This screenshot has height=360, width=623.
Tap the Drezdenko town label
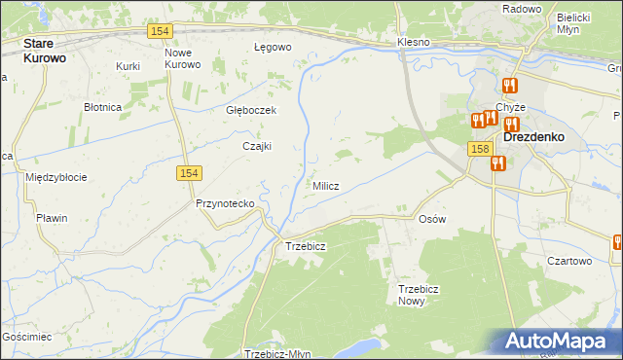tap(535, 137)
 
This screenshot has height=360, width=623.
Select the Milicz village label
tap(325, 186)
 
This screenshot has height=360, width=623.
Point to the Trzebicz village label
tap(305, 246)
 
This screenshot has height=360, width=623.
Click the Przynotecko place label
tap(225, 203)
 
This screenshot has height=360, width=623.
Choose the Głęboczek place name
tap(251, 110)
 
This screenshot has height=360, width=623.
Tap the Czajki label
tap(256, 146)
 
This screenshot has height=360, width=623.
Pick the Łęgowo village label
tap(273, 47)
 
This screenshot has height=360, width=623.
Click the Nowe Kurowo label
tap(182, 58)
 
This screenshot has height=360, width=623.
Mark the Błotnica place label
tap(102, 107)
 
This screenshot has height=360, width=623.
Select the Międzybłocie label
tap(56, 177)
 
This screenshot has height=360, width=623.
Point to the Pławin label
tap(51, 218)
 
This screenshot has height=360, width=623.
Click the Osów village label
tap(431, 219)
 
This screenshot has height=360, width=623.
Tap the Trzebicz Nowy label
tap(420, 295)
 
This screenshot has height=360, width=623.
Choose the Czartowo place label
tap(569, 261)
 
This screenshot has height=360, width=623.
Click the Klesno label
tap(414, 43)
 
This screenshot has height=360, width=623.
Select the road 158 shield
tap(478, 149)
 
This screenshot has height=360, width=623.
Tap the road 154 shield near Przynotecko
tap(189, 172)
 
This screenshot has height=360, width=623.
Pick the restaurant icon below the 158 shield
tap(498, 163)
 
